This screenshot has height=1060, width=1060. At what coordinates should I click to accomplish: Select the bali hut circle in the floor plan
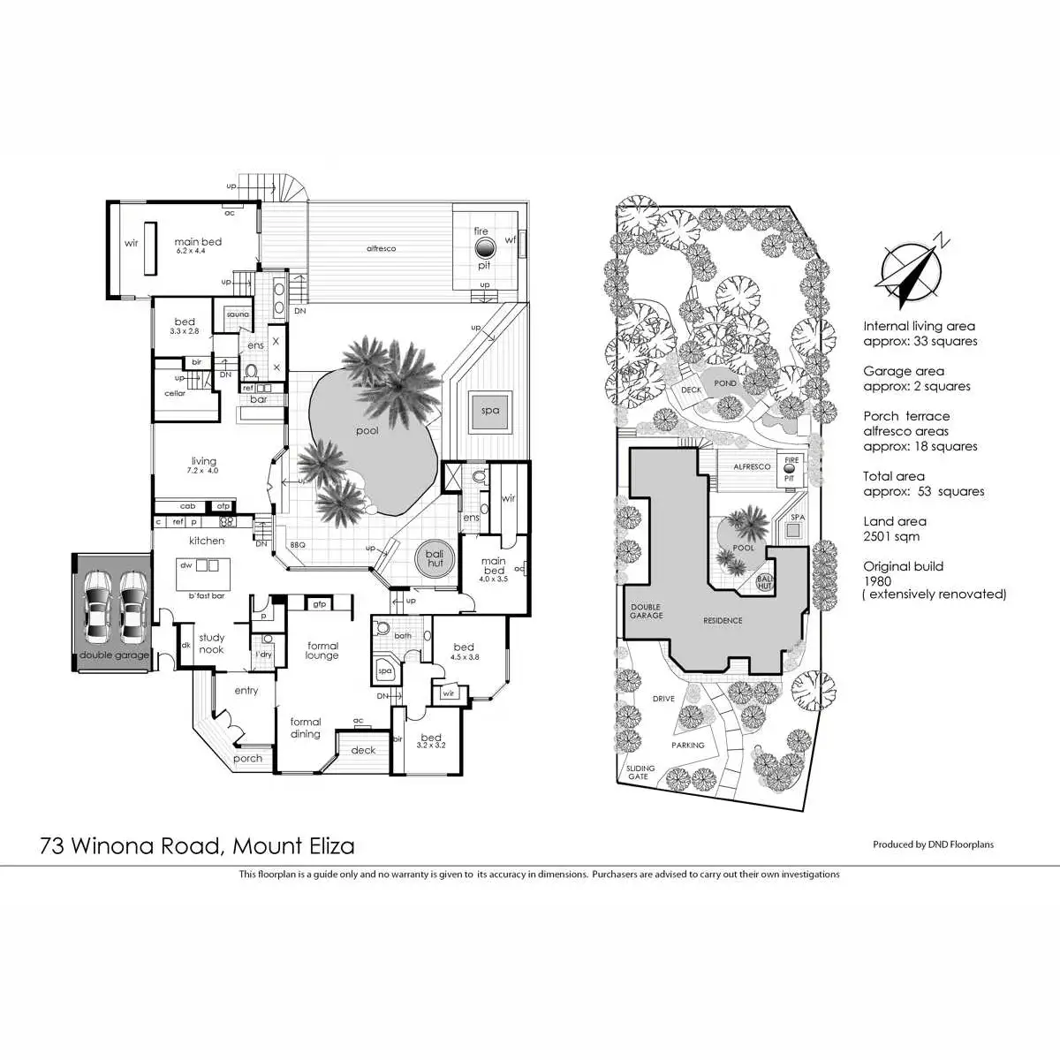tap(435, 558)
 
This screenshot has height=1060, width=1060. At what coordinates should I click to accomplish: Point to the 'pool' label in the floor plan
tap(367, 431)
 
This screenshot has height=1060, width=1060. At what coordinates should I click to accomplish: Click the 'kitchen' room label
tap(207, 541)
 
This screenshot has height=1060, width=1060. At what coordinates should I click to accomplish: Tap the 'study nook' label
tap(211, 643)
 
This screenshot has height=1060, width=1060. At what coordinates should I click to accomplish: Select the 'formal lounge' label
tap(322, 650)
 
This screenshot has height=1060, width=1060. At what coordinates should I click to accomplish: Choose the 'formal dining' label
tap(306, 727)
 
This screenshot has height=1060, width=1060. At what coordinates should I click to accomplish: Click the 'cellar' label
tap(175, 393)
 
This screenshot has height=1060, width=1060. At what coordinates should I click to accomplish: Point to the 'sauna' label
tap(238, 314)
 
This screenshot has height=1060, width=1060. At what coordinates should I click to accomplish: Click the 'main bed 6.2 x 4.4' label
tap(198, 245)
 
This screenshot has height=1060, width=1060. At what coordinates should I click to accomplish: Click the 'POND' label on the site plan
tap(725, 384)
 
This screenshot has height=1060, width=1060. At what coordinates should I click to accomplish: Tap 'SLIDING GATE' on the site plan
tap(640, 772)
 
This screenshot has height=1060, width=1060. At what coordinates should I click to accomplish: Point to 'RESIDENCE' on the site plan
tap(723, 620)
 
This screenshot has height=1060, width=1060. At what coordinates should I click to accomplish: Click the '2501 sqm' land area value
tap(891, 536)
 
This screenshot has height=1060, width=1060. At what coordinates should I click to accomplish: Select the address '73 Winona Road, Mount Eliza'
tap(197, 846)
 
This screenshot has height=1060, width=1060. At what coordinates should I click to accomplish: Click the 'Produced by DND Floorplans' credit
tap(933, 844)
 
